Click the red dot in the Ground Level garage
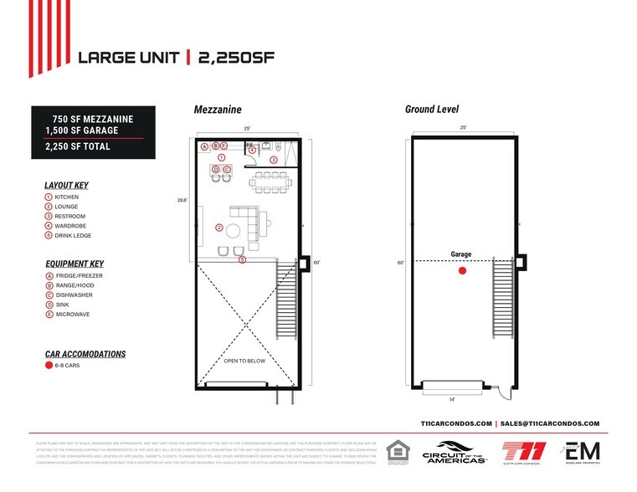tap(460, 271)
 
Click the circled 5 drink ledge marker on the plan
tap(242, 260)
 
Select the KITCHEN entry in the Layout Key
tap(66, 197)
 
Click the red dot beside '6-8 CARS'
tap(49, 366)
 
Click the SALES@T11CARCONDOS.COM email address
tap(551, 424)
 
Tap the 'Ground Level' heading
tap(431, 109)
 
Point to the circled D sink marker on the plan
tap(215, 169)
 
